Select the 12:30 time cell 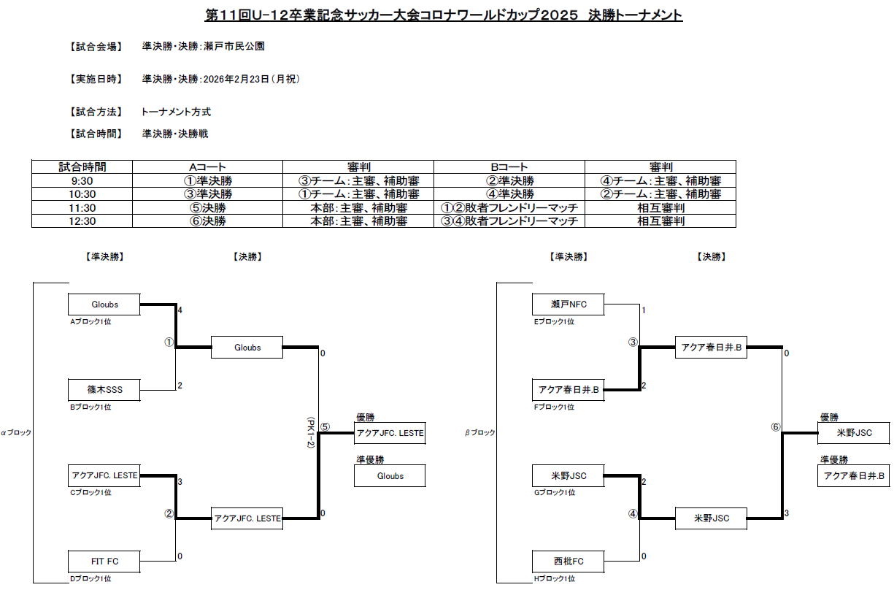tap(84, 221)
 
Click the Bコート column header tap(509, 167)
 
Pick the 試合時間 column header tap(84, 167)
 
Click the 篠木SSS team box tap(104, 390)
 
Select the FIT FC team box tap(104, 562)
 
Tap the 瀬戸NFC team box tap(569, 304)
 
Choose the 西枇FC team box tap(569, 562)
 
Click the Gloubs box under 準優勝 tap(390, 476)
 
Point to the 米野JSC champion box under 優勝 tap(854, 433)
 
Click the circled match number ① tap(169, 342)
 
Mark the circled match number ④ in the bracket tap(633, 514)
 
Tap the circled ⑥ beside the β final tap(776, 428)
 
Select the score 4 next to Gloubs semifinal tap(180, 310)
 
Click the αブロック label tap(16, 433)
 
